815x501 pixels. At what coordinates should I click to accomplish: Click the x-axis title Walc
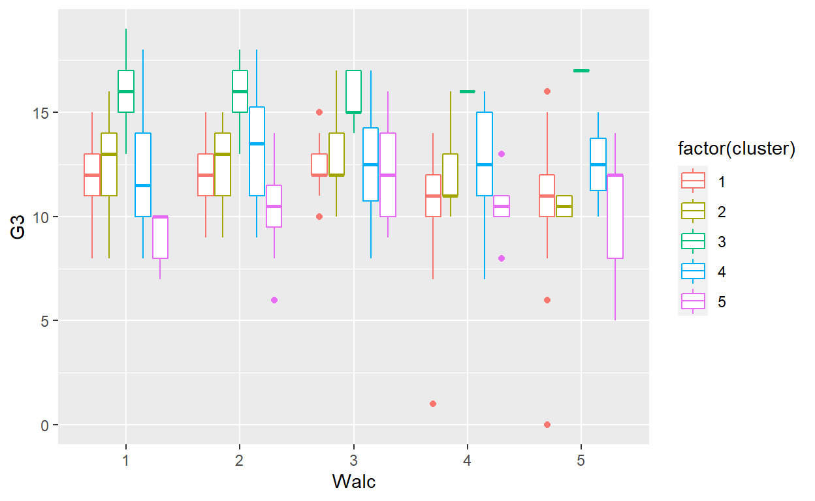353,482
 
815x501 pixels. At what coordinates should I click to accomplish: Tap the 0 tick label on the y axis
46,425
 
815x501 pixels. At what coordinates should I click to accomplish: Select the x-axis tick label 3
353,459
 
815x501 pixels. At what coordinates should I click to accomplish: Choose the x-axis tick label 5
581,459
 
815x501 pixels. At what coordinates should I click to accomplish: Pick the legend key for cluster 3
693,241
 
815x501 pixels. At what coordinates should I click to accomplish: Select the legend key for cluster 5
693,301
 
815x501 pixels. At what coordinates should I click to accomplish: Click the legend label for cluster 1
722,181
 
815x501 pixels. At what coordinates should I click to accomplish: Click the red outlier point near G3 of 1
433,404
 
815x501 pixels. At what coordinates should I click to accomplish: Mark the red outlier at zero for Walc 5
547,425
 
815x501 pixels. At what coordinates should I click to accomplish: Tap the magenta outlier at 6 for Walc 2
274,300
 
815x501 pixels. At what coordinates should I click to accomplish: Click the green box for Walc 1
126,91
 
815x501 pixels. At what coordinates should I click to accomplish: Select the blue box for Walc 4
485,154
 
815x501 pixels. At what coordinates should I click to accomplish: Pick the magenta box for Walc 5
615,217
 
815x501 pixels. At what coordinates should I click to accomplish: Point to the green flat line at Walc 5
581,70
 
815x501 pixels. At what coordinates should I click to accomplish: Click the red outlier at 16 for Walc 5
547,91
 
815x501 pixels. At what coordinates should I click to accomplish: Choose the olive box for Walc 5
564,206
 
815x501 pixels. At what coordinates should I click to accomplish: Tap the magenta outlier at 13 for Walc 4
502,154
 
